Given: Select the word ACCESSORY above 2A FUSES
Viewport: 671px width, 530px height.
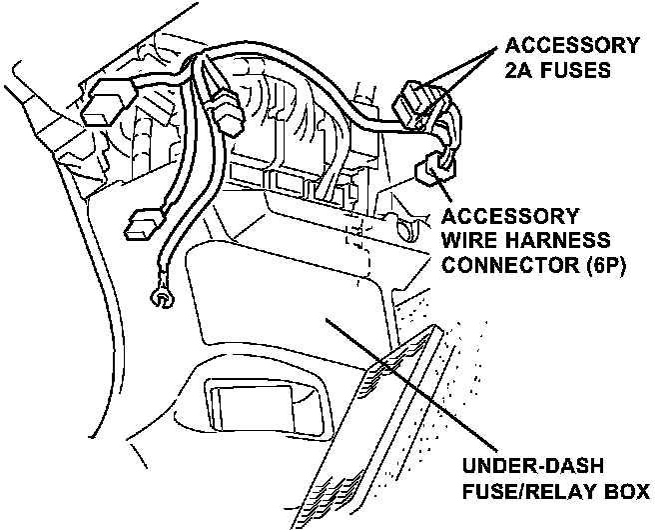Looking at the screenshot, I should (571, 45).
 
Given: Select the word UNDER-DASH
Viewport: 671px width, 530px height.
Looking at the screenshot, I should (526, 467).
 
